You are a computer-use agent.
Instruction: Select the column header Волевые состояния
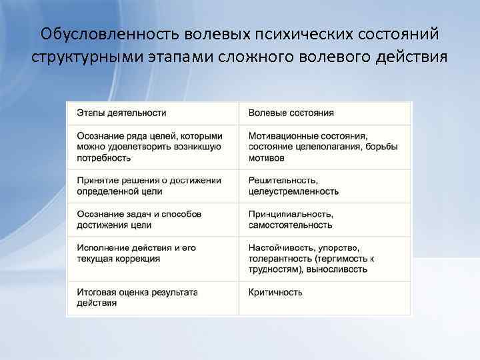point(291,113)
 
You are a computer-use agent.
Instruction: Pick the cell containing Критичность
point(275,292)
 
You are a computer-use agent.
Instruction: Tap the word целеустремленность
point(293,191)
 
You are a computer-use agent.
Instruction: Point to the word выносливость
point(337,269)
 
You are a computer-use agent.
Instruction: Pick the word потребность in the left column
point(103,158)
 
